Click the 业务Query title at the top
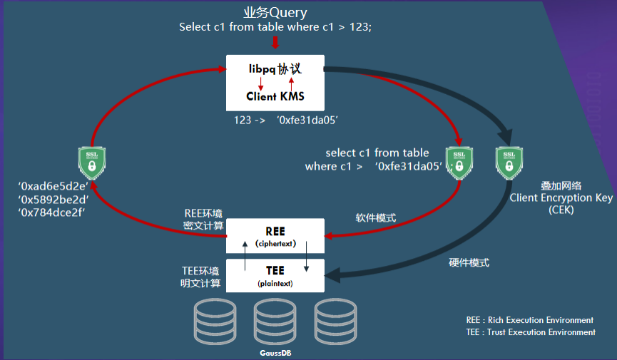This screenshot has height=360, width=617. (275, 12)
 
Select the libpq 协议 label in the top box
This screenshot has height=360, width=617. (275, 70)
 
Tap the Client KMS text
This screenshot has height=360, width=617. (275, 96)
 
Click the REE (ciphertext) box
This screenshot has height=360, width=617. (275, 235)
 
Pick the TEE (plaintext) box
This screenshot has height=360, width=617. (275, 274)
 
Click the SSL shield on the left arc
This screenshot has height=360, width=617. (92, 163)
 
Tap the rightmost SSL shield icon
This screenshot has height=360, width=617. (509, 163)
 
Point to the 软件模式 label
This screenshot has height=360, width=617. (375, 217)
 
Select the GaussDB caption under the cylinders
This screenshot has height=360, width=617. (275, 352)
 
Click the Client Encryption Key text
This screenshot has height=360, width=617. (551, 197)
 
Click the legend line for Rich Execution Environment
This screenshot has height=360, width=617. (529, 320)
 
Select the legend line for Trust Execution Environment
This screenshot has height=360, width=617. (530, 332)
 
